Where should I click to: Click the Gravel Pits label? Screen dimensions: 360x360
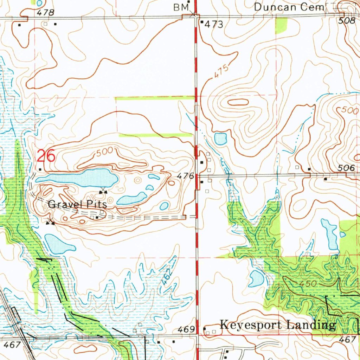[77, 204]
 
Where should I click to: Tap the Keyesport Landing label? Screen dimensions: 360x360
[277, 325]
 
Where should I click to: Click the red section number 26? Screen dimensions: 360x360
[46, 156]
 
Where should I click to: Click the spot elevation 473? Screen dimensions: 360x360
[214, 24]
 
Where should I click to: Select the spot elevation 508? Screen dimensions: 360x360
[347, 21]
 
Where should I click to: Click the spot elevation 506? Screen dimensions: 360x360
[347, 169]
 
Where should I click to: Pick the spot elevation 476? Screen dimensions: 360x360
[186, 176]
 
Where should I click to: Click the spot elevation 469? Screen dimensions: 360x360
[186, 329]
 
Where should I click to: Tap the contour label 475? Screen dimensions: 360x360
[220, 72]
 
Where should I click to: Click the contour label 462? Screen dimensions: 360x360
[168, 277]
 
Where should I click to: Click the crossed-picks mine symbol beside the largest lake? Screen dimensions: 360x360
[103, 191]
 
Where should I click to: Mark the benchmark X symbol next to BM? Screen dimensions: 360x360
[193, 14]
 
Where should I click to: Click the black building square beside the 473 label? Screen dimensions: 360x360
[202, 22]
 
